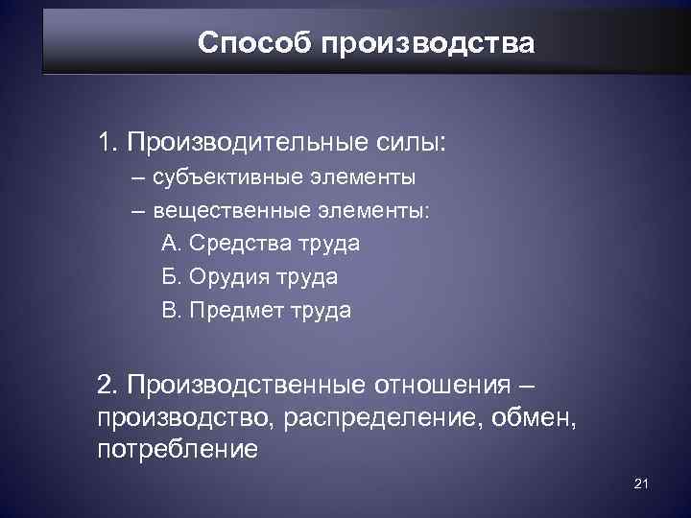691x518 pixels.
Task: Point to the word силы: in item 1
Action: click(x=415, y=144)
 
